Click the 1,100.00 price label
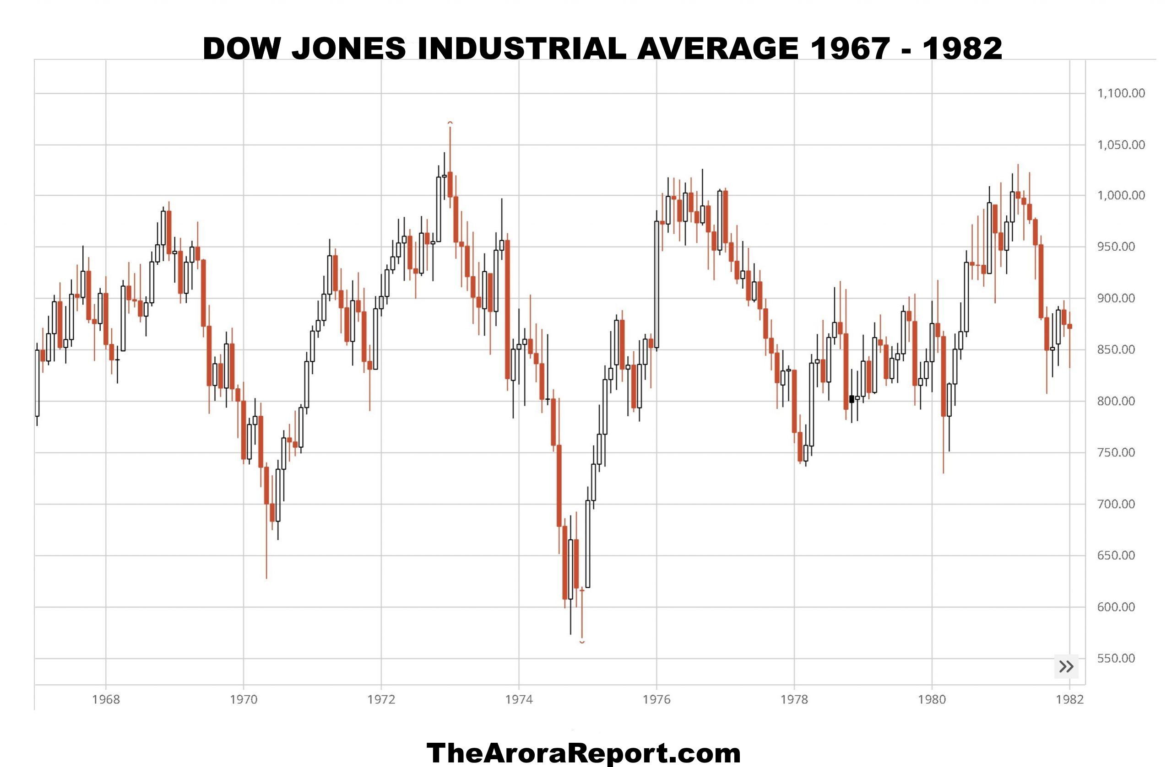coord(1121,93)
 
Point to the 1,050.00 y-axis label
coord(1121,145)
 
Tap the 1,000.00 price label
coord(1121,195)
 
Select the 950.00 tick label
coord(1116,247)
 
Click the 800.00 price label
coord(1116,401)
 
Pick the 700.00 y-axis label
coord(1116,504)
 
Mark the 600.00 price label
coord(1116,607)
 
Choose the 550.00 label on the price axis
coord(1116,658)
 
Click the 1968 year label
coord(106,700)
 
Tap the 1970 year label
coord(243,700)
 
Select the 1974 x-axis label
coord(519,700)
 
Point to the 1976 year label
coord(657,700)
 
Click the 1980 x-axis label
coord(932,700)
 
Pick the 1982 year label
coord(1069,700)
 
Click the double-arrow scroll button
coord(1066,667)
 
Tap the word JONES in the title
coord(349,48)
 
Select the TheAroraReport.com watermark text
coord(584,753)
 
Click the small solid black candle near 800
coord(852,399)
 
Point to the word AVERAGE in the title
coord(717,48)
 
